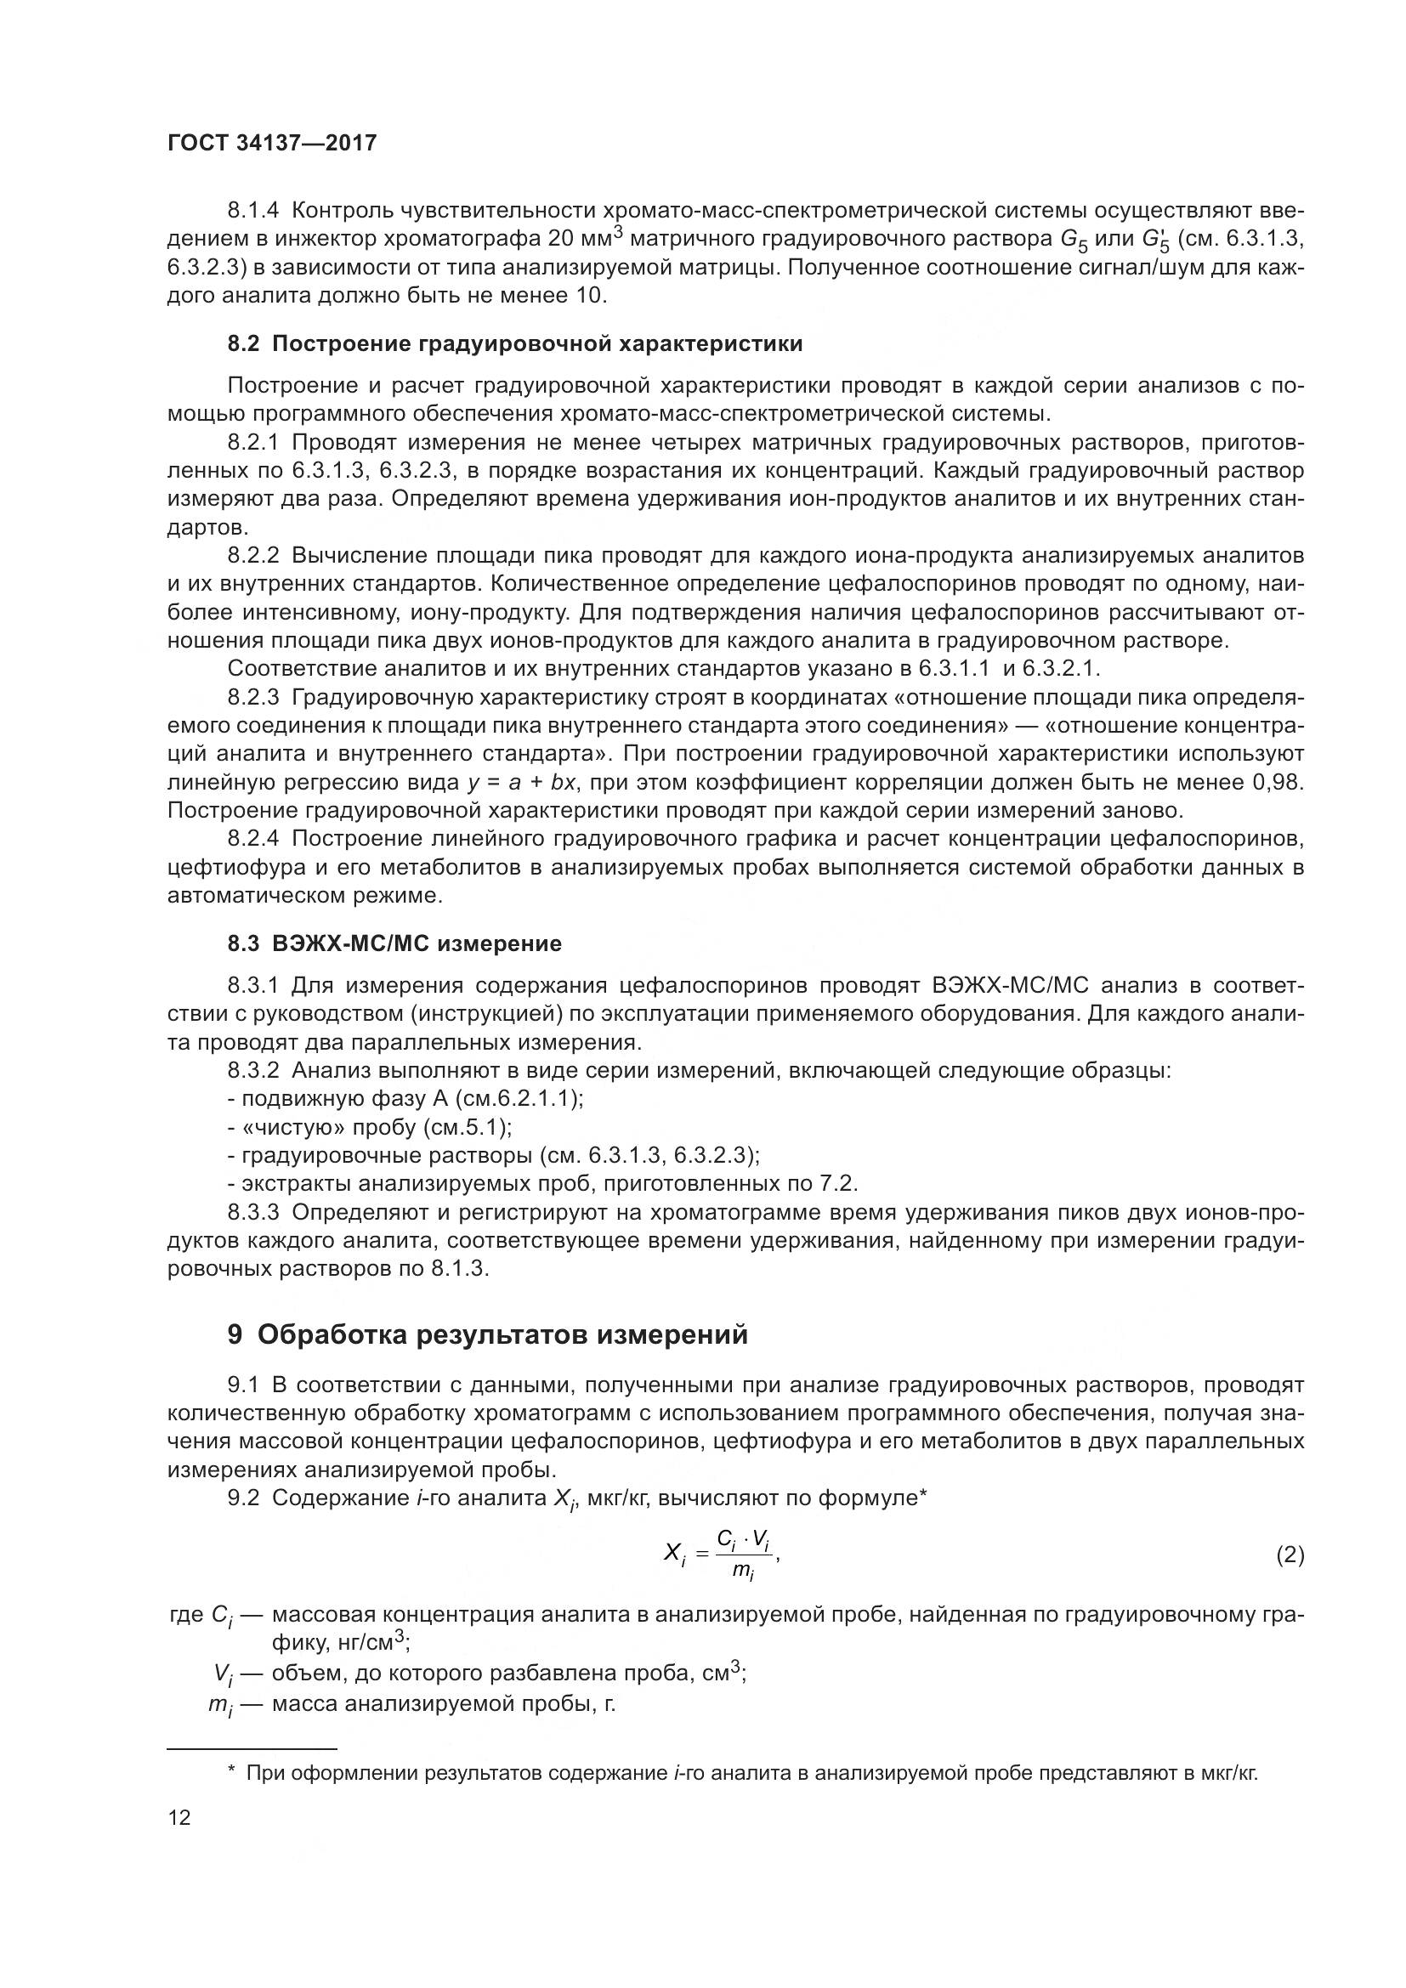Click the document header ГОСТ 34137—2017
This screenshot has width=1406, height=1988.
pos(272,144)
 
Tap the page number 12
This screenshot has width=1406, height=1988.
pos(179,1817)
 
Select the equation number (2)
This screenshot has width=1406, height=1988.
pos(1290,1556)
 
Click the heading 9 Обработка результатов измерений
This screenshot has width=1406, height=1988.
pos(487,1336)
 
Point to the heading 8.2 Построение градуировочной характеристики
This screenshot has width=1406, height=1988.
pos(515,343)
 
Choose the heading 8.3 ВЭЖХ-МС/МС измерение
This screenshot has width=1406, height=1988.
pos(394,943)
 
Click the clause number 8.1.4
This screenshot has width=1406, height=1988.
pos(253,211)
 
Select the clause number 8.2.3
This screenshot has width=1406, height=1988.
pos(253,698)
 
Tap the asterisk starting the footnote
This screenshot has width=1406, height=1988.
pos(231,1774)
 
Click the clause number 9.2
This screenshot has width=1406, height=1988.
pos(243,1498)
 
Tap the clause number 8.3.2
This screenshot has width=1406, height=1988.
pos(253,1071)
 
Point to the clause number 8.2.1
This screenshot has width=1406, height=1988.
pos(253,444)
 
